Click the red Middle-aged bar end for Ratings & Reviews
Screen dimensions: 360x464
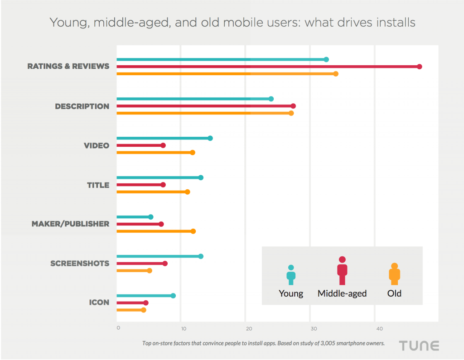pyautogui.click(x=419, y=67)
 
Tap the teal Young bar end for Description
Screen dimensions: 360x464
pyautogui.click(x=271, y=99)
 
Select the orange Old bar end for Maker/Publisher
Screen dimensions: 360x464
pyautogui.click(x=193, y=231)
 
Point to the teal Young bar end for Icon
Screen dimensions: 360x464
pyautogui.click(x=173, y=296)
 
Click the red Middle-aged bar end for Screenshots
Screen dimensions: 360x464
pyautogui.click(x=165, y=264)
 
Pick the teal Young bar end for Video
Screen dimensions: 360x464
pyautogui.click(x=210, y=138)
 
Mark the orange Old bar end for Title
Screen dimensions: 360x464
pyautogui.click(x=188, y=192)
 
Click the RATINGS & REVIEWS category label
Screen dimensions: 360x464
pyautogui.click(x=68, y=66)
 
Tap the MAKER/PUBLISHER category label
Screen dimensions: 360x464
pyautogui.click(x=70, y=224)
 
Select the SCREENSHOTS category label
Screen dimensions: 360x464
pyautogui.click(x=80, y=264)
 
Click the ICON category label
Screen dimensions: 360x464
pyautogui.click(x=99, y=302)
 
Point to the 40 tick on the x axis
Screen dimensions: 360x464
pyautogui.click(x=375, y=328)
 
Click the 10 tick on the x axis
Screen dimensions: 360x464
pyautogui.click(x=182, y=328)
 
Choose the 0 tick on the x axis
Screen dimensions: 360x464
pyautogui.click(x=118, y=328)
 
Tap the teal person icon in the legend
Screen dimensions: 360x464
pyautogui.click(x=291, y=275)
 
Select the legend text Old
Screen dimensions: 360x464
pyautogui.click(x=394, y=293)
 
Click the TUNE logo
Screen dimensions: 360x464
pyautogui.click(x=419, y=346)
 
